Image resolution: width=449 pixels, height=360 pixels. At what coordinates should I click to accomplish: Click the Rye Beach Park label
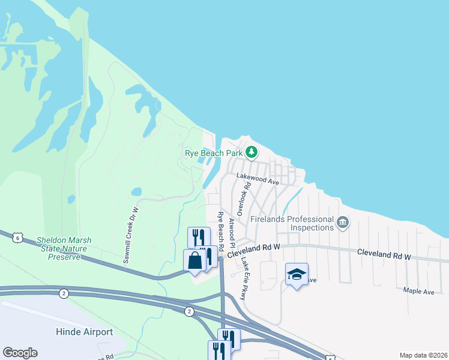pyautogui.click(x=214, y=154)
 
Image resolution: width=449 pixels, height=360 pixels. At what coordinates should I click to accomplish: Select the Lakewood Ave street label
pyautogui.click(x=258, y=177)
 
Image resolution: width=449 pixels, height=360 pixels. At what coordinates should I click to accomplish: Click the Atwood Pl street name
pyautogui.click(x=231, y=230)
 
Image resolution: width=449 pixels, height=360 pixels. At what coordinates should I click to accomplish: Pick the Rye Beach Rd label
pyautogui.click(x=221, y=231)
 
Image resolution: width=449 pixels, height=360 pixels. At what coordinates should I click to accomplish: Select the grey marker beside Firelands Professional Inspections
pyautogui.click(x=343, y=223)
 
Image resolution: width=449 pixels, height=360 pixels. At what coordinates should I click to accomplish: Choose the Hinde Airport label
pyautogui.click(x=85, y=332)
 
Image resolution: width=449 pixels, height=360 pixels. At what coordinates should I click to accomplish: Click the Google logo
pyautogui.click(x=20, y=353)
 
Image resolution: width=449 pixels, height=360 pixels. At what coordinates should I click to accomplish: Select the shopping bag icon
pyautogui.click(x=195, y=261)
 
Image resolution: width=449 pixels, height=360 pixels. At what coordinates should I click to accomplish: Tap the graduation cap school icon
pyautogui.click(x=297, y=274)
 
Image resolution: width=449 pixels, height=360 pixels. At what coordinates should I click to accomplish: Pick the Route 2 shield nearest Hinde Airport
pyautogui.click(x=64, y=293)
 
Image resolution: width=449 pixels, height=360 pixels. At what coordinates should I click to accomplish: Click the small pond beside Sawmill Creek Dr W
pyautogui.click(x=136, y=192)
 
